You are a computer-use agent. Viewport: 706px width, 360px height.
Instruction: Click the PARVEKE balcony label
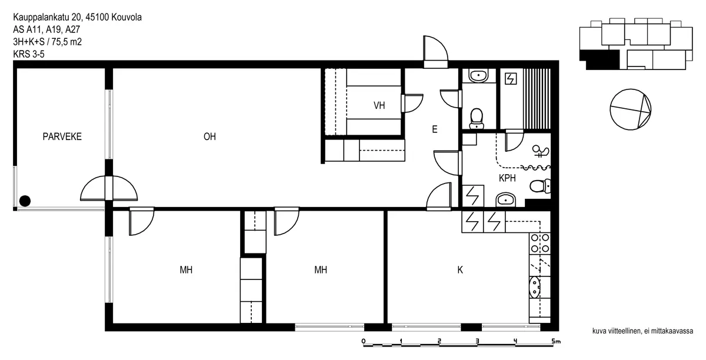[x=62, y=136]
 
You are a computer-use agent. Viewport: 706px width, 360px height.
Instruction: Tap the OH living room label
[x=209, y=136]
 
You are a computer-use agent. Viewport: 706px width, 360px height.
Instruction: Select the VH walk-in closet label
[x=379, y=105]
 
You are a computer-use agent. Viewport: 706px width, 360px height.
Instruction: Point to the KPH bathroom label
[x=507, y=178]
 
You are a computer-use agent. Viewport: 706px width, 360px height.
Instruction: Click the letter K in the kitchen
[x=460, y=270]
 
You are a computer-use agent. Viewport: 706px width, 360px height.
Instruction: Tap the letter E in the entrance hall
[x=435, y=129]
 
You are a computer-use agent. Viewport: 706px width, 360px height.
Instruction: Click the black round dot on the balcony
[x=25, y=201]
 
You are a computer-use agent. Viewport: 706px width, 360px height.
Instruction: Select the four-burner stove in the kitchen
[x=540, y=243]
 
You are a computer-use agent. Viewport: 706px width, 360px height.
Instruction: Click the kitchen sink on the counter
[x=535, y=287]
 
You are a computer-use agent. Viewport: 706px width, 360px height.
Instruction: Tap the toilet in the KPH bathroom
[x=540, y=186]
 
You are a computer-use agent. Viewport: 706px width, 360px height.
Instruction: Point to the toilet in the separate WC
[x=477, y=118]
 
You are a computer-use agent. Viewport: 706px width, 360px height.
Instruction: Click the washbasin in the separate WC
[x=478, y=76]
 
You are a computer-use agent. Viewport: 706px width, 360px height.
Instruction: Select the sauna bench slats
[x=537, y=99]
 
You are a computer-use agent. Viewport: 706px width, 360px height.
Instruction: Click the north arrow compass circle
[x=630, y=109]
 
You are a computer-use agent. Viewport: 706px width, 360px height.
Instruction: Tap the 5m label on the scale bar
[x=557, y=341]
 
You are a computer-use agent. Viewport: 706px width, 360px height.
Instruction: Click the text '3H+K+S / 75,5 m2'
[x=47, y=42]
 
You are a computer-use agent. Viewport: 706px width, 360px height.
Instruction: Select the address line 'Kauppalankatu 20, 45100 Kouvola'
[x=77, y=17]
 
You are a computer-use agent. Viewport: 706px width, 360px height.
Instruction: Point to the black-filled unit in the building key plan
[x=600, y=59]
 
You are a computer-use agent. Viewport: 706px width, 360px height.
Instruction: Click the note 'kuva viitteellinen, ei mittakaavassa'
[x=642, y=331]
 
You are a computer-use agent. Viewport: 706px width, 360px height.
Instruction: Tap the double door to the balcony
[x=109, y=188]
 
